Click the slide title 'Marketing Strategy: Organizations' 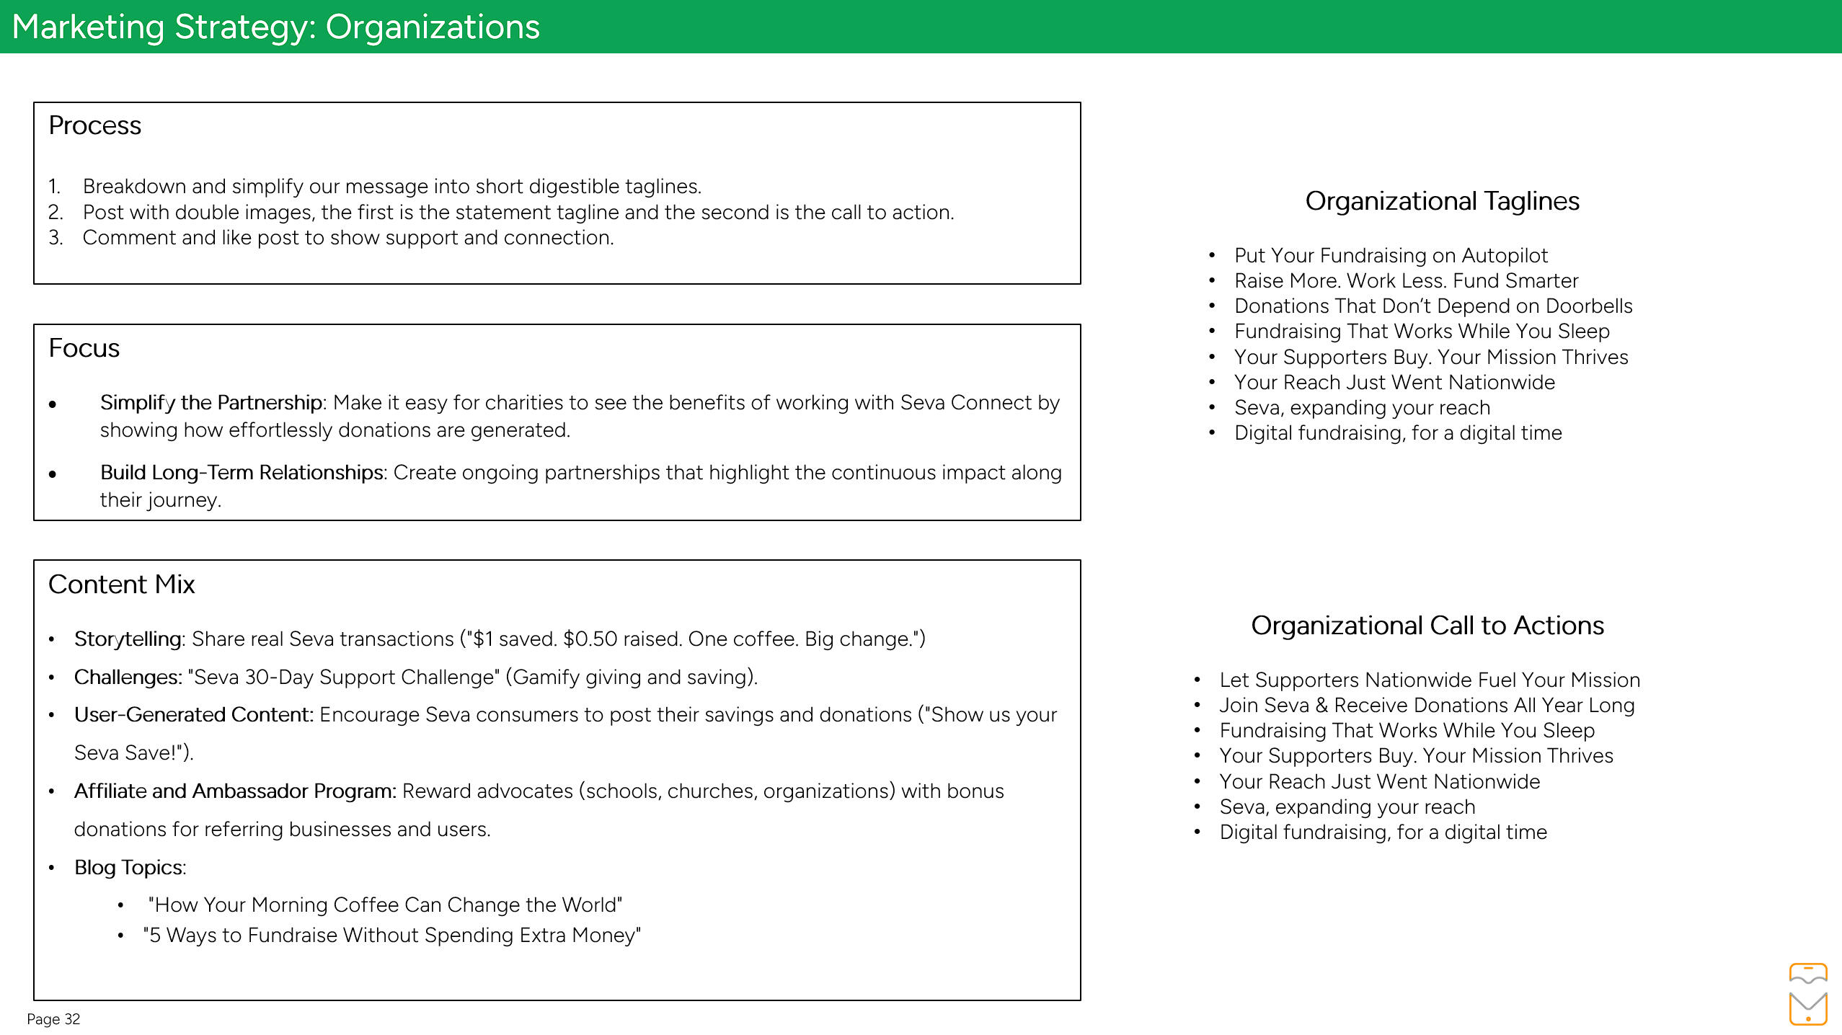coord(275,27)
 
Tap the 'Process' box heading coord(94,125)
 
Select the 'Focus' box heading coord(84,348)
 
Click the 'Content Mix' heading coord(121,585)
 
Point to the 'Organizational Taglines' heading coord(1442,201)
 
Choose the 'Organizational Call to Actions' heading coord(1427,626)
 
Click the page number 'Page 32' coord(53,1019)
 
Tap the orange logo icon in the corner coord(1807,994)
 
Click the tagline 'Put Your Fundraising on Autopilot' coord(1391,256)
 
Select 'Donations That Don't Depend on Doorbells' coord(1433,306)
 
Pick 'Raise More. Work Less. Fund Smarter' coord(1406,281)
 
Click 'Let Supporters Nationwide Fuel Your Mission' coord(1429,680)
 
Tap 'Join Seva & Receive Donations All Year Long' coord(1426,706)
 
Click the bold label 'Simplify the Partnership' coord(211,403)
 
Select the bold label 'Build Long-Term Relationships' coord(242,473)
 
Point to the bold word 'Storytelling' coord(128,639)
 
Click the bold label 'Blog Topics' coord(129,868)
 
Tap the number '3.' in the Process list coord(56,238)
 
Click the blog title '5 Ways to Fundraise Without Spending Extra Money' coord(391,936)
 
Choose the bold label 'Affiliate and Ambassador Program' coord(234,791)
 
